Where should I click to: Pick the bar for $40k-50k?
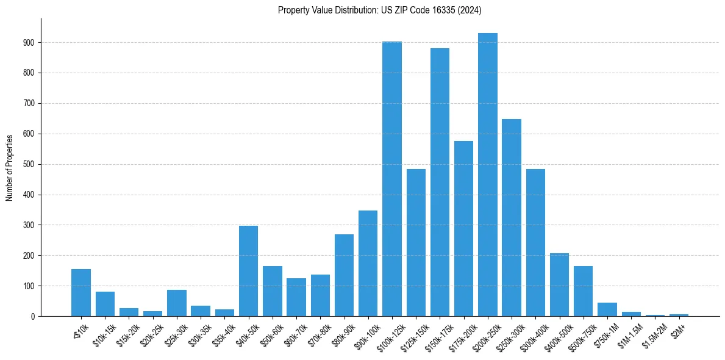coord(248,271)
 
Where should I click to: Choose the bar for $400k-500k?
coord(559,284)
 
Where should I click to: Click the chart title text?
coord(380,10)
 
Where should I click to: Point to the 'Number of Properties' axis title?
coord(10,167)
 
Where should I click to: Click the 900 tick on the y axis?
coord(29,43)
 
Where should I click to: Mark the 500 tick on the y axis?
coord(29,164)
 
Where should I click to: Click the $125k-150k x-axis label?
coord(412,333)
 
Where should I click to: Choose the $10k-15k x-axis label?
coord(102,332)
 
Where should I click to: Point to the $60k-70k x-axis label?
coord(293,332)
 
